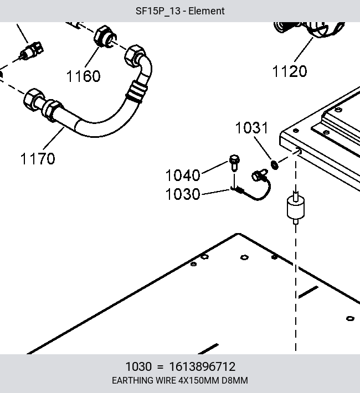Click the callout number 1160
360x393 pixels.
[x=83, y=76]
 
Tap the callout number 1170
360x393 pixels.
[x=38, y=158]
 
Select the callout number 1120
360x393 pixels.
[x=290, y=71]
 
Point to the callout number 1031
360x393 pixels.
[x=252, y=127]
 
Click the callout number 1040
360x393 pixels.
[x=183, y=175]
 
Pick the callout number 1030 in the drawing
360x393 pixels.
[x=183, y=194]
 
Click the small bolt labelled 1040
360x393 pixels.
[x=234, y=163]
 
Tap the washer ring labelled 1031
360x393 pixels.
[x=275, y=165]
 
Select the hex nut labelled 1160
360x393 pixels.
[x=105, y=37]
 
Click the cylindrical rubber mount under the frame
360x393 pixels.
[x=296, y=208]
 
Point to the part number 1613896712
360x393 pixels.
[x=202, y=366]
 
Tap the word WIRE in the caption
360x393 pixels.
[x=166, y=380]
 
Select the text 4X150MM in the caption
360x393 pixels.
[x=199, y=380]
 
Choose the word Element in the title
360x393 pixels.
[x=207, y=11]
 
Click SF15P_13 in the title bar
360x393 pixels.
[x=158, y=11]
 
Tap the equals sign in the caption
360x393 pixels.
[x=160, y=367]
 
